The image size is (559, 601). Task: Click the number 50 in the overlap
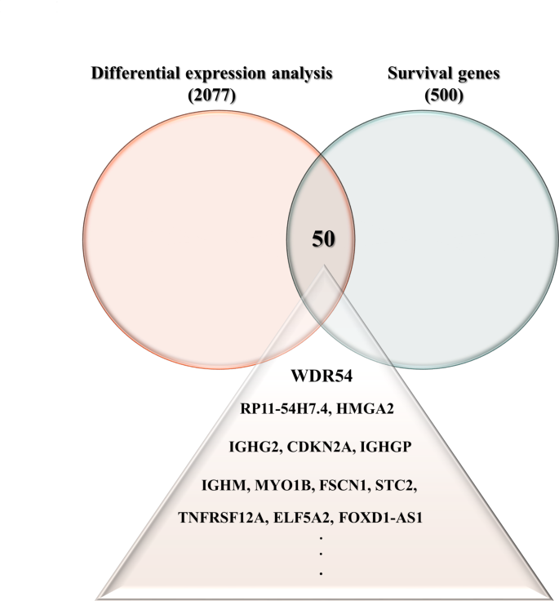[x=322, y=239]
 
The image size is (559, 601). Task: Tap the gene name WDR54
[x=322, y=377]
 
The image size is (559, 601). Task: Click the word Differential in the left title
[x=131, y=73]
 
